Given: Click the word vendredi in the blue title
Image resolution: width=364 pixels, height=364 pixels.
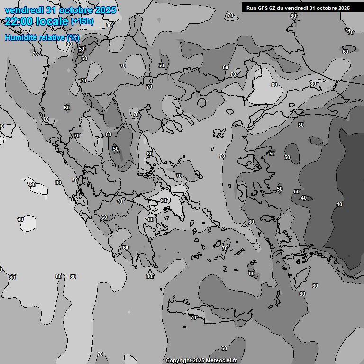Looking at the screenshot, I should click(x=23, y=10).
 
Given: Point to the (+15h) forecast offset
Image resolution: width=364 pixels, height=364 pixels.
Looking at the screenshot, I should click(x=82, y=21).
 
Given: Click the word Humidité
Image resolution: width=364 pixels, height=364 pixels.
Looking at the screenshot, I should click(x=19, y=37).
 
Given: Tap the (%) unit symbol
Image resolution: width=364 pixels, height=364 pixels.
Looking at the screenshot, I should click(x=73, y=37).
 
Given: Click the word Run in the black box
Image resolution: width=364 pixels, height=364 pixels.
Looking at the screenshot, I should click(x=251, y=8).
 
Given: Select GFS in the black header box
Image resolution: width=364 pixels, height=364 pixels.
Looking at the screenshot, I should click(x=263, y=8).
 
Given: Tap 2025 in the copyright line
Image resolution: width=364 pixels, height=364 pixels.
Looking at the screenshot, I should click(x=199, y=361).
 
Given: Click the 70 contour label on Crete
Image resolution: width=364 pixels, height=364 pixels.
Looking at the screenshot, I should click(x=193, y=318).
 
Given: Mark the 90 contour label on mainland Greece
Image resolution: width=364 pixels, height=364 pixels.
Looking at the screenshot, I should click(x=164, y=200).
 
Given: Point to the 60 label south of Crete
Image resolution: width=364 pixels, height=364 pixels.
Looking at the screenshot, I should click(x=224, y=348).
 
